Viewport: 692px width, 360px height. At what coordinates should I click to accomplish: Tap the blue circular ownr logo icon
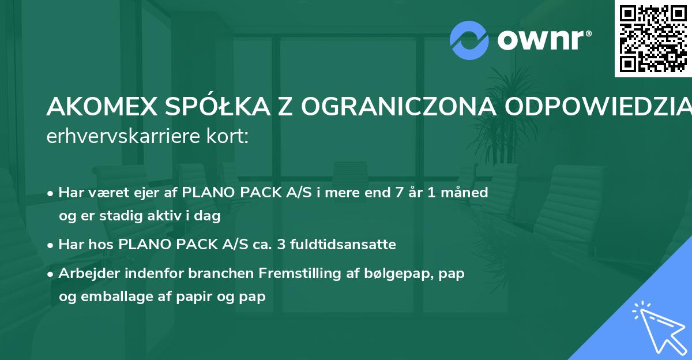pos(469,40)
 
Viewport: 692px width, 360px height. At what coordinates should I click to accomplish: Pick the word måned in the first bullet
pos(466,193)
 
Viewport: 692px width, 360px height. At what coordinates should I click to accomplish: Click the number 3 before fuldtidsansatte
pos(281,245)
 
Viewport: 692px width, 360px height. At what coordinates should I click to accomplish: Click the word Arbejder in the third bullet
pos(85,273)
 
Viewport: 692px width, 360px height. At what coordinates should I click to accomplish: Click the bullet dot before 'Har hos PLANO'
pos(51,245)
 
